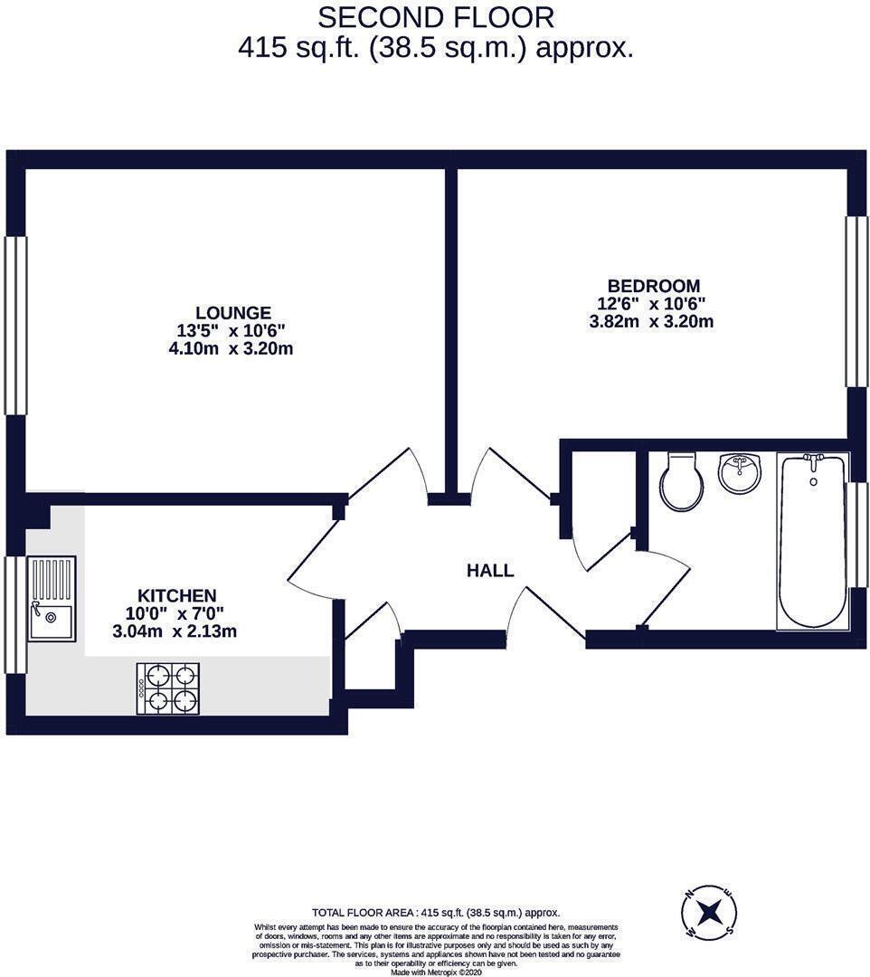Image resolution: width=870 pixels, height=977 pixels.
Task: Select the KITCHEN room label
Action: tap(176, 595)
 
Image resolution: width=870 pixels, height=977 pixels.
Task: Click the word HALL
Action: tap(490, 571)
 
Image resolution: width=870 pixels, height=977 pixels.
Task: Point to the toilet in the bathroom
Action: tap(680, 481)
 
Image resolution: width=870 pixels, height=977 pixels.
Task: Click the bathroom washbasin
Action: tap(740, 472)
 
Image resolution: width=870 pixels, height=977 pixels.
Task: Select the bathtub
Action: tap(812, 541)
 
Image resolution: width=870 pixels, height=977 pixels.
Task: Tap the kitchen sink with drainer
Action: tap(51, 599)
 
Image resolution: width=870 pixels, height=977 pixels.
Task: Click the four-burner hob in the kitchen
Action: tap(168, 688)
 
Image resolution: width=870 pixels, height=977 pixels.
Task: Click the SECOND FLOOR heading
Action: tap(435, 17)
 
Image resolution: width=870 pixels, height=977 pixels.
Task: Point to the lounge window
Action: tap(15, 326)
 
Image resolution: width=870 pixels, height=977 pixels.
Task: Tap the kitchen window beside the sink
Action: tap(15, 615)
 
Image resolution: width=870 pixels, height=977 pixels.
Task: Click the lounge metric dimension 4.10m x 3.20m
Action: tap(232, 348)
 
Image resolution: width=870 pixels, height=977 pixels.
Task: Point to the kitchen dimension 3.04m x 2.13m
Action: tap(175, 631)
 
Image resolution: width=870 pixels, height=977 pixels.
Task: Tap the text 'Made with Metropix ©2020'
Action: tap(437, 972)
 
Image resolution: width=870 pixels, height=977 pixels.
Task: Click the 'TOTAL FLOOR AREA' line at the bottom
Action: tap(436, 913)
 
